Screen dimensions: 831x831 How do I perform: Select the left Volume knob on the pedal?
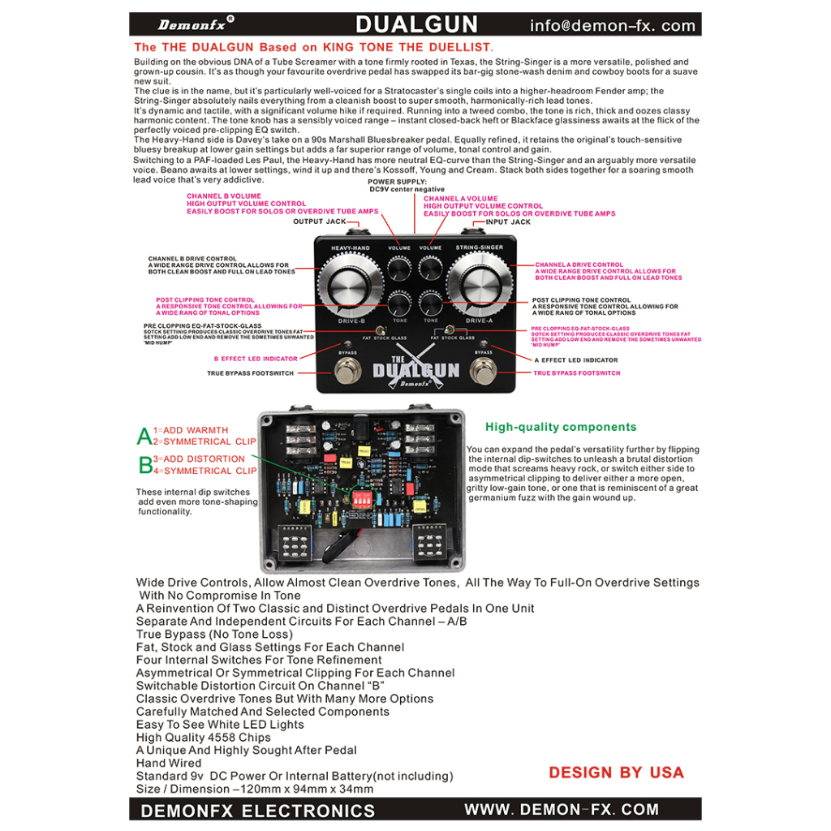[399, 267]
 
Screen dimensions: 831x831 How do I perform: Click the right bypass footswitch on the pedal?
[484, 373]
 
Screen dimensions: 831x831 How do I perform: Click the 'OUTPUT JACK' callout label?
[319, 222]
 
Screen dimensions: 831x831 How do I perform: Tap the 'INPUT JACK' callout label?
[508, 222]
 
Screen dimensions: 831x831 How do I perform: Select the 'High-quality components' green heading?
[561, 427]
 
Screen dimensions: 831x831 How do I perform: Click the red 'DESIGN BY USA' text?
[616, 772]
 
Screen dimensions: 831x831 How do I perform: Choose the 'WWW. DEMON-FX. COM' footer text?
[562, 809]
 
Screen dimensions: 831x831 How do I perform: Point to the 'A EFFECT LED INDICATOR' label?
[575, 360]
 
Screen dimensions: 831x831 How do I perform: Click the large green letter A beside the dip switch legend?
[144, 437]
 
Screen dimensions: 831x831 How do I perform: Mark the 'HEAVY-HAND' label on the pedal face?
[351, 247]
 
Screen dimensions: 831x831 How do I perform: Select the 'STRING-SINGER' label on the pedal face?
[480, 247]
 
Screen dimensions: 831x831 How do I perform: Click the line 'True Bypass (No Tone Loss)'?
[214, 634]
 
